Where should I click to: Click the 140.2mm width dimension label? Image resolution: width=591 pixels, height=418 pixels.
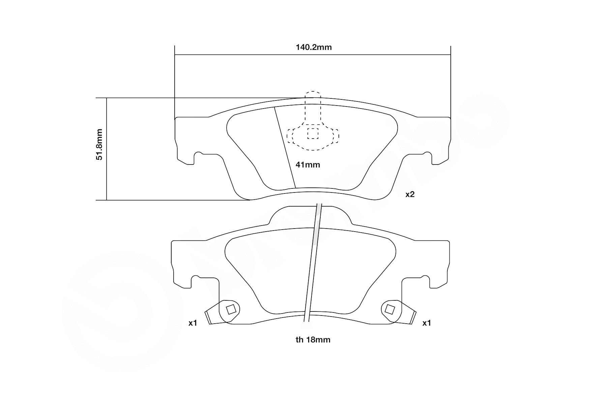314,47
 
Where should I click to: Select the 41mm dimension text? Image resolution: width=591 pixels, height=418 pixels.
307,165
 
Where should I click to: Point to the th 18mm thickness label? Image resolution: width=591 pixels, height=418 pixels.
313,340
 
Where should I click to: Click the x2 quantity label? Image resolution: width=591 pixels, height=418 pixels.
410,195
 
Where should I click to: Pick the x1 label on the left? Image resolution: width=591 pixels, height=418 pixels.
193,323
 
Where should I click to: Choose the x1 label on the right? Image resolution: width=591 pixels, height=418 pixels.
426,323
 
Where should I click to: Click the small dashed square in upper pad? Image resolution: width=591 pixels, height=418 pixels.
313,133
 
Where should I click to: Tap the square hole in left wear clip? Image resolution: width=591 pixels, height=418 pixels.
231,309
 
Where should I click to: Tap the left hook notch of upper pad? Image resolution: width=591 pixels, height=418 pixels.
197,157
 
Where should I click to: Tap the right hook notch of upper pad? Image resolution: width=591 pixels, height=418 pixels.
428,157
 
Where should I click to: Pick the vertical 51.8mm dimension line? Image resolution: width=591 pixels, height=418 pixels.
107,149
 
